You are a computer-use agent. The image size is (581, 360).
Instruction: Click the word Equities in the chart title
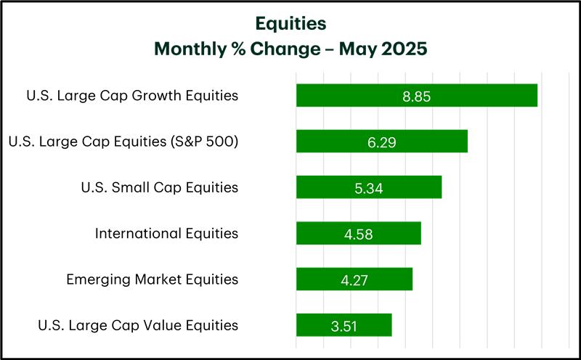coord(291,24)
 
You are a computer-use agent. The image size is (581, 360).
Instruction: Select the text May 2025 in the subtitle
coord(383,49)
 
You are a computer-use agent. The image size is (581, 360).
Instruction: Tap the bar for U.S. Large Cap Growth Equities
coord(417,96)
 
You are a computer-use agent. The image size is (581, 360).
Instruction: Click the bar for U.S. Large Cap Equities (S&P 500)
coord(382,141)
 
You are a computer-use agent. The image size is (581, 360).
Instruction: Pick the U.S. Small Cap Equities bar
coord(369,187)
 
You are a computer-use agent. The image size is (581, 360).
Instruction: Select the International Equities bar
coord(359,233)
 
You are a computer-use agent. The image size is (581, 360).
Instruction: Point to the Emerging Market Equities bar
coord(354,279)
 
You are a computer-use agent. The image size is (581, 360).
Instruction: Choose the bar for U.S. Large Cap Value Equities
coord(344,325)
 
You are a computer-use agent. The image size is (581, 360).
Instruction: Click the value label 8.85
coord(417,97)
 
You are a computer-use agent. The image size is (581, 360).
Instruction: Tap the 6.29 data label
coord(382,142)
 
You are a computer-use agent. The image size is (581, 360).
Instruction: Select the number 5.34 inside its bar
coord(369,189)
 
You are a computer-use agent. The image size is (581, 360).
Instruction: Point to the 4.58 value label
coord(358,234)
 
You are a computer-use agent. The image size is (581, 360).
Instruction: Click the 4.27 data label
coord(354,280)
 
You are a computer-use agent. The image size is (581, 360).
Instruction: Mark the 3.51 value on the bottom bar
coord(344,327)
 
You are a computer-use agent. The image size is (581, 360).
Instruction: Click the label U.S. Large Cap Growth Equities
coord(132,96)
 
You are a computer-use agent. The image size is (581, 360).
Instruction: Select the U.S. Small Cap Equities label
coord(160,187)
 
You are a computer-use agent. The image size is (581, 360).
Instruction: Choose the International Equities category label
coord(167,233)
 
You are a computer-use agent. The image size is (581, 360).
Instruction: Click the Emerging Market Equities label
coord(153,279)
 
